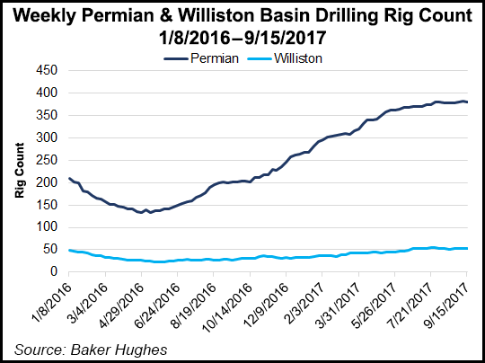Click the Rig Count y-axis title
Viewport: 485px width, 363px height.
pyautogui.click(x=19, y=171)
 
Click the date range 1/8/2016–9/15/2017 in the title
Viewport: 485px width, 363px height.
pyautogui.click(x=242, y=38)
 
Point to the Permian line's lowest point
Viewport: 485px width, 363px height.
pyautogui.click(x=141, y=213)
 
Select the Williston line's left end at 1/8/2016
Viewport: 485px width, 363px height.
pyautogui.click(x=69, y=250)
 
